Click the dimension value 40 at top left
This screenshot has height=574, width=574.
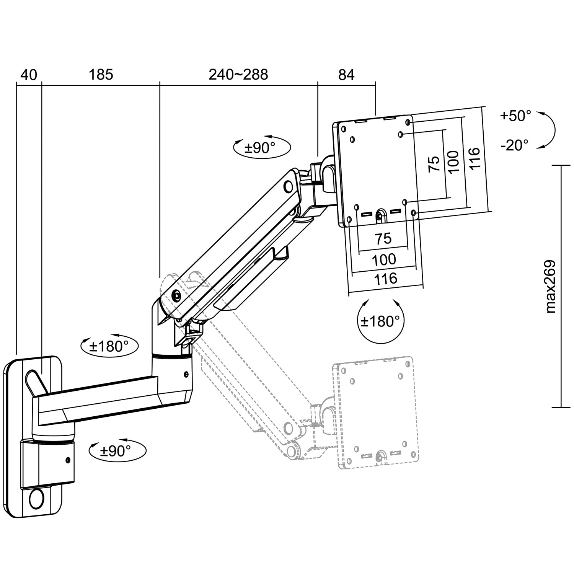[29, 75]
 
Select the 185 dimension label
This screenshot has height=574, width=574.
[101, 74]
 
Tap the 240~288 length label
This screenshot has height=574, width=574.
[238, 74]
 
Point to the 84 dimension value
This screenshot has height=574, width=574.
[346, 75]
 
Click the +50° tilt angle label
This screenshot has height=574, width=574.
[515, 116]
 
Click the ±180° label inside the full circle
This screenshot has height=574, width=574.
[380, 321]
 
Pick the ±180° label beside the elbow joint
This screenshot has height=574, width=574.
[109, 347]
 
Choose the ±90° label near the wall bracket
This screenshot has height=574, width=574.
[116, 451]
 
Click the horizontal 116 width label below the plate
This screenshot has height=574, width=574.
[385, 279]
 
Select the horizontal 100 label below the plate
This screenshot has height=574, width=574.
[384, 260]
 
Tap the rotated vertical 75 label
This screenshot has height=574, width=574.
[434, 164]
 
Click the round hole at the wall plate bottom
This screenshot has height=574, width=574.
[36, 499]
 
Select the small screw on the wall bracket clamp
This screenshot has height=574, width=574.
[68, 460]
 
